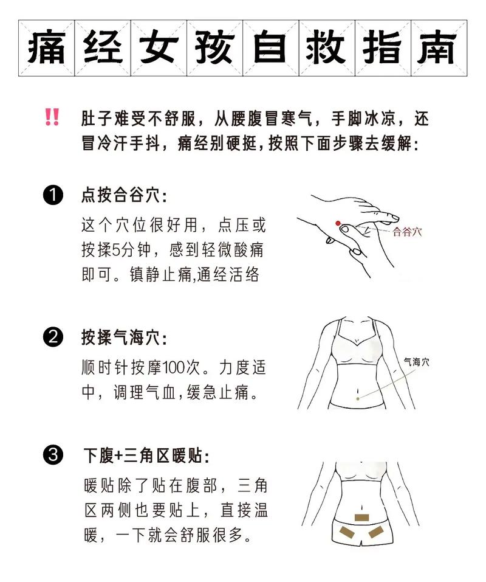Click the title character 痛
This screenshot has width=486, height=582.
pos(46,48)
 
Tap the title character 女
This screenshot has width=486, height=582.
pos(159,48)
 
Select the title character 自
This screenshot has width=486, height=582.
pos(270,48)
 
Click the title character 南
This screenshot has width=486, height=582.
pos(439,48)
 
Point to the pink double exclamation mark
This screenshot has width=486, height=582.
pos(52,117)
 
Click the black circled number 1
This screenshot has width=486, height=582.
pos(53,195)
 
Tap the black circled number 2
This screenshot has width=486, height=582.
pos(53,337)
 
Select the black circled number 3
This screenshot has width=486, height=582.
pos(53,455)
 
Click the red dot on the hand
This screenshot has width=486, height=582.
pos(338,223)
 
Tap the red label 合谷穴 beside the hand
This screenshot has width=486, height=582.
pos(408,232)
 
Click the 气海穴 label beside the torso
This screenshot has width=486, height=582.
pos(416,361)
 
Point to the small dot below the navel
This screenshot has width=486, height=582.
pos(357,398)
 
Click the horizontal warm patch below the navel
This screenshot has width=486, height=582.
pos(363,518)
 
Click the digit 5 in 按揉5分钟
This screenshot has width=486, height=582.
pos(115,250)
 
